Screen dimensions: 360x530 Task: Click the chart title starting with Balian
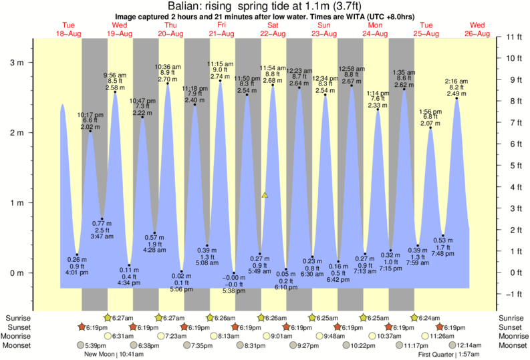click(265, 6)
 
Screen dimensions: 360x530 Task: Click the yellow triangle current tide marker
click(265, 195)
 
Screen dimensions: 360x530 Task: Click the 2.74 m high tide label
click(220, 77)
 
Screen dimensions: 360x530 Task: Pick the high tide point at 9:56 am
click(116, 92)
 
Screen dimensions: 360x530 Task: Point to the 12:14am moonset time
click(470, 345)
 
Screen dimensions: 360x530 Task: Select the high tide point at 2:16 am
click(456, 99)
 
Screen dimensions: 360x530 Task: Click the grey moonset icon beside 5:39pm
click(82, 345)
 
